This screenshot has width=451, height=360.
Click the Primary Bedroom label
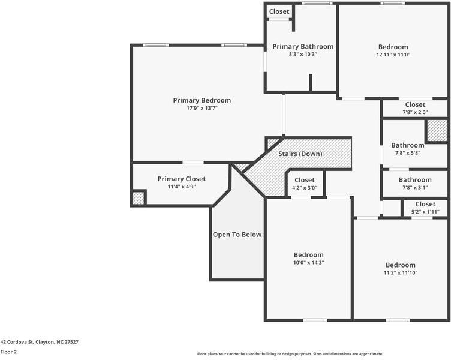[x=202, y=100]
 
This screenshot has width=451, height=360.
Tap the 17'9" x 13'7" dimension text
[x=202, y=109]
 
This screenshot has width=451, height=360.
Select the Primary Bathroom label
[x=303, y=46]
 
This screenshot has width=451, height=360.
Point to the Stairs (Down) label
[x=300, y=154]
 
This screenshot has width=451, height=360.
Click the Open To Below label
[x=237, y=235]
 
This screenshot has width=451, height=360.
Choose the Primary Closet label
[x=181, y=179]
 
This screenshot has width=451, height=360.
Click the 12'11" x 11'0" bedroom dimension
[x=393, y=55]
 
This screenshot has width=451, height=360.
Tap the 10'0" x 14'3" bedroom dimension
[x=308, y=263]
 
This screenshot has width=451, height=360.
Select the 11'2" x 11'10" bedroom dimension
[x=400, y=273]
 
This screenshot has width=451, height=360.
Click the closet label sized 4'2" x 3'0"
[x=304, y=180]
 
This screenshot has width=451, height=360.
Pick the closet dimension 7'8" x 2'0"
[x=415, y=112]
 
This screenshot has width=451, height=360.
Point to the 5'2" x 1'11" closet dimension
[x=425, y=212]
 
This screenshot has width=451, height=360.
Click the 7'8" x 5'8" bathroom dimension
[x=408, y=153]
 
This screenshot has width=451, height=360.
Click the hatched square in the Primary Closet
[x=139, y=198]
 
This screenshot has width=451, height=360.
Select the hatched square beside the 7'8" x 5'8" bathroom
[x=437, y=131]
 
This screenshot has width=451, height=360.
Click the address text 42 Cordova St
[x=39, y=342]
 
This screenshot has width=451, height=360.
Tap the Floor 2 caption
[x=8, y=352]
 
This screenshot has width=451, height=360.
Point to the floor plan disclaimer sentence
[x=290, y=354]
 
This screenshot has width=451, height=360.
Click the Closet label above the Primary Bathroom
[x=279, y=11]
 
